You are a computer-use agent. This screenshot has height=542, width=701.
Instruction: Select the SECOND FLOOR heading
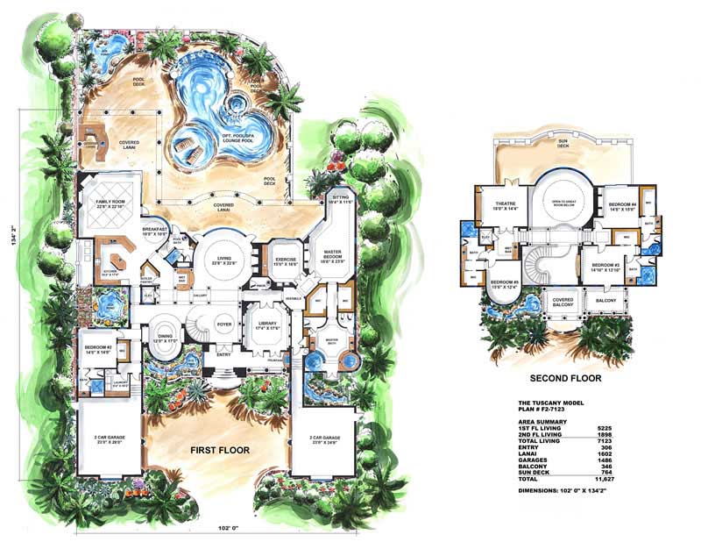pyautogui.click(x=565, y=379)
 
